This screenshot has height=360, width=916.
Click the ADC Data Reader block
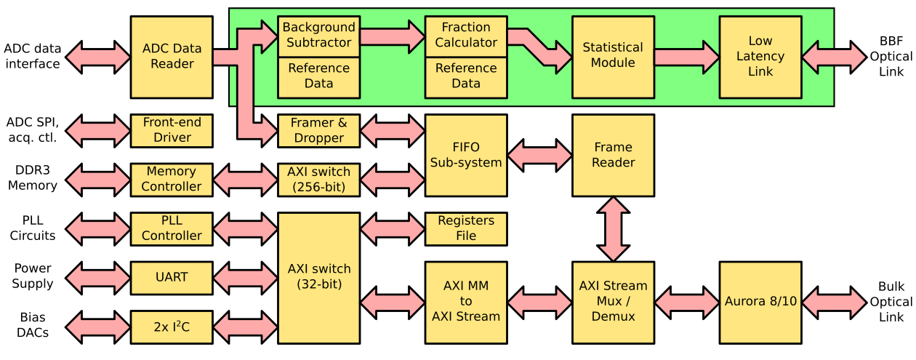tap(172, 57)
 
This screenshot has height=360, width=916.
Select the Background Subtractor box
tap(319, 36)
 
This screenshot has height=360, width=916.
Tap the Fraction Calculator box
tap(466, 36)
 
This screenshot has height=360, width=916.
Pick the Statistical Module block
tap(614, 57)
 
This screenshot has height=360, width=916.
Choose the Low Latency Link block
tap(760, 57)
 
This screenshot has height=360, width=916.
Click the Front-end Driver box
tap(172, 131)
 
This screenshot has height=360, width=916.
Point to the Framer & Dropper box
tap(319, 131)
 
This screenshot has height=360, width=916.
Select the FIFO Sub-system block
tap(466, 156)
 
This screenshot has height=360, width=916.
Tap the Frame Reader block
tap(614, 156)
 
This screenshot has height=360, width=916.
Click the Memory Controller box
tap(172, 180)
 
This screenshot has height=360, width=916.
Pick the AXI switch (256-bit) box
tap(319, 180)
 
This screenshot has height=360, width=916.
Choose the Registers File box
tap(466, 229)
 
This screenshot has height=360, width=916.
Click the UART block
tap(172, 278)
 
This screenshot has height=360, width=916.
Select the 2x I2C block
tap(172, 327)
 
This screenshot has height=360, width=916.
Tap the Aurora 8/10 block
tap(760, 303)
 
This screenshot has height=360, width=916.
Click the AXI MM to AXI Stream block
tap(466, 303)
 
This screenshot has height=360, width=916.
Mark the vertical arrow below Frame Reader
tap(614, 229)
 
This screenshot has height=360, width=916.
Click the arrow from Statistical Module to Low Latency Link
tap(687, 57)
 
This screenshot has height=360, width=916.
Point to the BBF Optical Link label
tap(891, 57)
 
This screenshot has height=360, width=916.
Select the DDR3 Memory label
tap(33, 178)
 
